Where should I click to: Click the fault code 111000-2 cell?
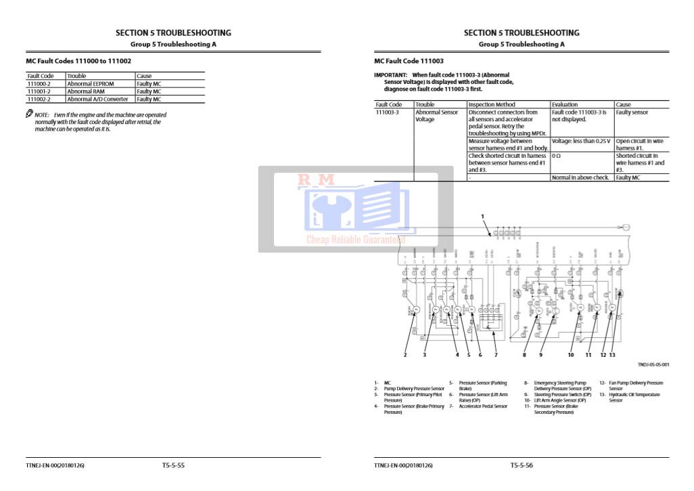tap(40, 84)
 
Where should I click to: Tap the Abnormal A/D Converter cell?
tap(97, 99)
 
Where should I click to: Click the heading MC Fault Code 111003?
tap(409, 61)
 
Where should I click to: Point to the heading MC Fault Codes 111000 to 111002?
tap(78, 61)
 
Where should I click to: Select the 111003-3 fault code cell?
tap(388, 112)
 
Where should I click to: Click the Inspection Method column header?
tap(492, 105)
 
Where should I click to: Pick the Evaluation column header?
tap(565, 105)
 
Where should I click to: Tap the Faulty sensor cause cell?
tap(632, 112)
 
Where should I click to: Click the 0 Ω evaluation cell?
tap(557, 156)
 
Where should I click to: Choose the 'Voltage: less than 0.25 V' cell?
tap(581, 141)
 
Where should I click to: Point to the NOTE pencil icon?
tap(30, 114)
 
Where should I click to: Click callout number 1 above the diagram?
tap(483, 216)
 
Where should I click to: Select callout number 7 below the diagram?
tap(496, 354)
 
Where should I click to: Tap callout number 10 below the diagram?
tap(571, 354)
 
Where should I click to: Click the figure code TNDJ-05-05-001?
tap(653, 364)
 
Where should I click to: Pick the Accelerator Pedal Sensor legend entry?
tap(483, 406)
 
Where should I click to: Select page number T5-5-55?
tap(173, 465)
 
